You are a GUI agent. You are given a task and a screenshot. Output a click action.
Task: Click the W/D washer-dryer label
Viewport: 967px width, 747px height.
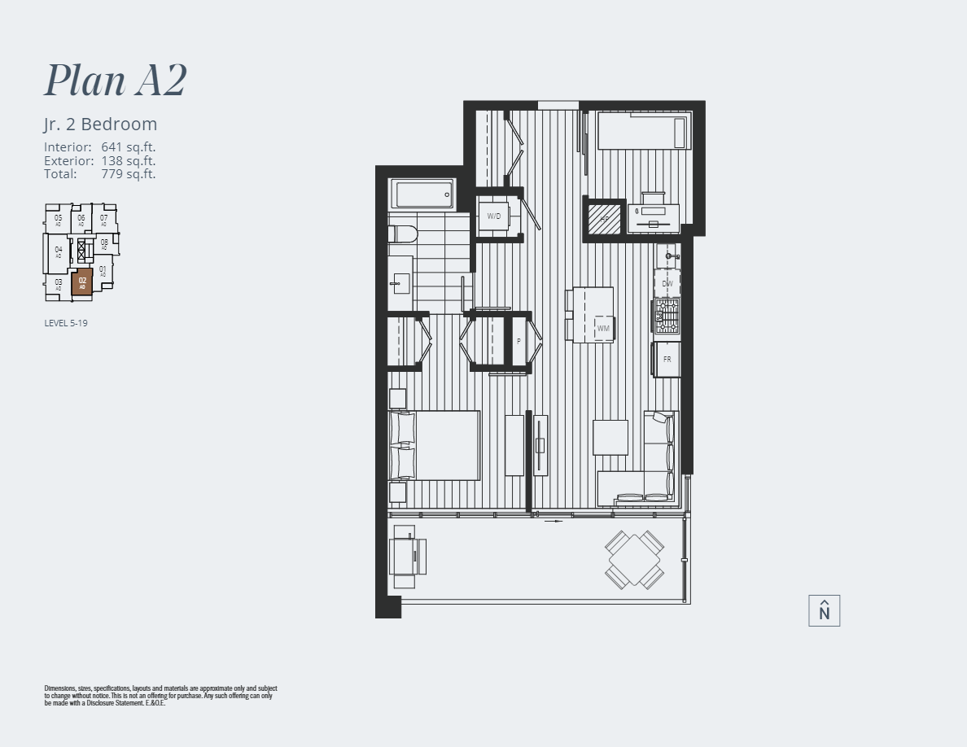pyautogui.click(x=494, y=216)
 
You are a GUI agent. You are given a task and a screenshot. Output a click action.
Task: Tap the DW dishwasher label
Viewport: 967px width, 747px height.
pyautogui.click(x=667, y=283)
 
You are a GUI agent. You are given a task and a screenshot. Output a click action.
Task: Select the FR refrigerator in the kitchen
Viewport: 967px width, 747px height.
pyautogui.click(x=667, y=359)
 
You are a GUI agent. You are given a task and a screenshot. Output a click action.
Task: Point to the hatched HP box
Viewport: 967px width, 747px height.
pyautogui.click(x=604, y=218)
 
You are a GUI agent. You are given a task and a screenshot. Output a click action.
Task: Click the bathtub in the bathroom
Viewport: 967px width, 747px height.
pyautogui.click(x=422, y=194)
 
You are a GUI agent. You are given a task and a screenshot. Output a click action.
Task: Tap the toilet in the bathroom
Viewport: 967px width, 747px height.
pyautogui.click(x=403, y=234)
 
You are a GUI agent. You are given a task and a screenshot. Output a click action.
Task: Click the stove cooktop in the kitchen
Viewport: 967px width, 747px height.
pyautogui.click(x=667, y=316)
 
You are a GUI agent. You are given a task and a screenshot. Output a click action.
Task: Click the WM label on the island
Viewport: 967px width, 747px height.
pyautogui.click(x=603, y=329)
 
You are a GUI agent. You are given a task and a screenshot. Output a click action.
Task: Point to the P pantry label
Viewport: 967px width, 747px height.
pyautogui.click(x=519, y=342)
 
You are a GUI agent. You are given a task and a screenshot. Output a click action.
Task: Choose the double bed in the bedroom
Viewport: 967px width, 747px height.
pyautogui.click(x=435, y=445)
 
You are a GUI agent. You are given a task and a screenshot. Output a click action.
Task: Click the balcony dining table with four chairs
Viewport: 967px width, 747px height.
pyautogui.click(x=635, y=559)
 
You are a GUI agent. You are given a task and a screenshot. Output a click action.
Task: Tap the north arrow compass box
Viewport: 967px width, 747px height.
pyautogui.click(x=824, y=611)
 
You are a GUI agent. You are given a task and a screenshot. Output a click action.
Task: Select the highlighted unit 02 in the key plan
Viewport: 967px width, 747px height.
pyautogui.click(x=82, y=282)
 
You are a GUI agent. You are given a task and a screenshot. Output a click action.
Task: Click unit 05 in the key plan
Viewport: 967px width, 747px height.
pyautogui.click(x=58, y=219)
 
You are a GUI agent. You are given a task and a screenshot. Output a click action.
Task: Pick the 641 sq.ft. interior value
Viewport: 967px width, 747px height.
pyautogui.click(x=129, y=147)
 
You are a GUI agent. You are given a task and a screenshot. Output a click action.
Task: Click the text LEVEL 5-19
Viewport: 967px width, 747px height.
pyautogui.click(x=66, y=323)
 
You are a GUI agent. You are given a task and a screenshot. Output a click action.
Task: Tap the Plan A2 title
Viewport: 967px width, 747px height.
pyautogui.click(x=116, y=80)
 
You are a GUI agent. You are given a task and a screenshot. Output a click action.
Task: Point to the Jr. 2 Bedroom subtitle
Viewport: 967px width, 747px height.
pyautogui.click(x=100, y=124)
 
